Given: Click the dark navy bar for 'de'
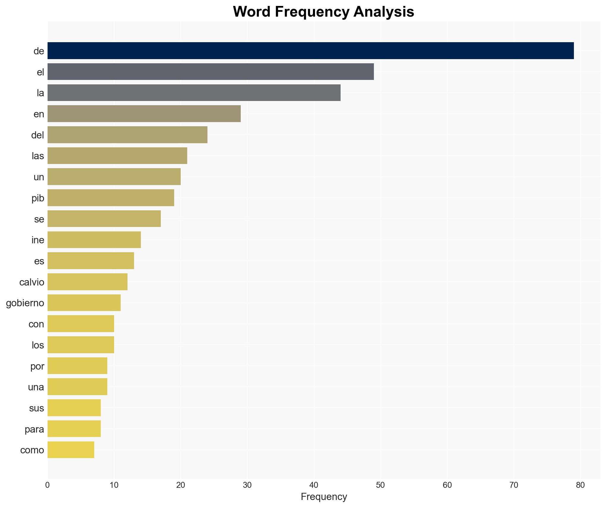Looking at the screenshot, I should point(311,51).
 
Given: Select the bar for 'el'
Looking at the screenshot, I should point(210,72).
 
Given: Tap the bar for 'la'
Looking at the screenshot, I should point(194,93).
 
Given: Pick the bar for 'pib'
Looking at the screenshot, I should point(111,198).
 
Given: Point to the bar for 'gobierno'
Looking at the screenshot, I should point(84,303).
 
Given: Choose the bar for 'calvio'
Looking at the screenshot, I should point(87,282).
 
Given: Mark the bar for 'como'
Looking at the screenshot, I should point(71,450).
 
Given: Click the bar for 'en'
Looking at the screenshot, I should point(144,114).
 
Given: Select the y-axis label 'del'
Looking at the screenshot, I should point(37,135).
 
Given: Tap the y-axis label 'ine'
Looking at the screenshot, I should point(38,240).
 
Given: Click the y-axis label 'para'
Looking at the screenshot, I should point(34,429).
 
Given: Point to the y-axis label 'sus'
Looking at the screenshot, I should point(37,408).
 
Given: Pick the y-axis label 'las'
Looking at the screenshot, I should point(38,156).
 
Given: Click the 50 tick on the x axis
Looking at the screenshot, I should point(380,485).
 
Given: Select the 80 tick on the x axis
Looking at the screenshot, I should point(580,485).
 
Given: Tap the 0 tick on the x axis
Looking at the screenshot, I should point(48,485).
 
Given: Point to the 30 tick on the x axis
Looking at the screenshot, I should point(247,485).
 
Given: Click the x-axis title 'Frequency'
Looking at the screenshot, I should point(324,497).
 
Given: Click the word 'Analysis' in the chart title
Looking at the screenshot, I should point(384,12).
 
